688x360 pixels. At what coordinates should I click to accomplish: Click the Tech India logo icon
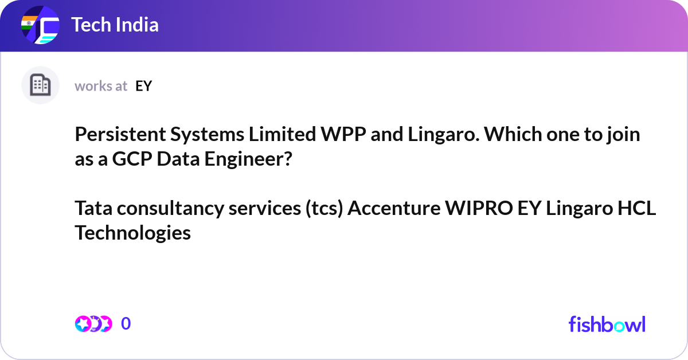[x=40, y=25]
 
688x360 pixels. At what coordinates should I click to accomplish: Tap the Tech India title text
[x=115, y=25]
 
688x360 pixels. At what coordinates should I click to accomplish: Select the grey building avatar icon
[x=40, y=85]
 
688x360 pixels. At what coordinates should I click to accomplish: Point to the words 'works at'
[x=101, y=86]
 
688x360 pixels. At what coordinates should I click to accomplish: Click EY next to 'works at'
[x=143, y=86]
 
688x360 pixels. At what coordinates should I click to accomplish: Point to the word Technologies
[x=132, y=233]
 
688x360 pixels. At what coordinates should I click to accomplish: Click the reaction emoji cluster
[x=93, y=324]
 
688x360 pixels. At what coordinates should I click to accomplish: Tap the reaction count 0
[x=126, y=324]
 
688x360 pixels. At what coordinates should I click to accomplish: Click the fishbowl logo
[x=607, y=324]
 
